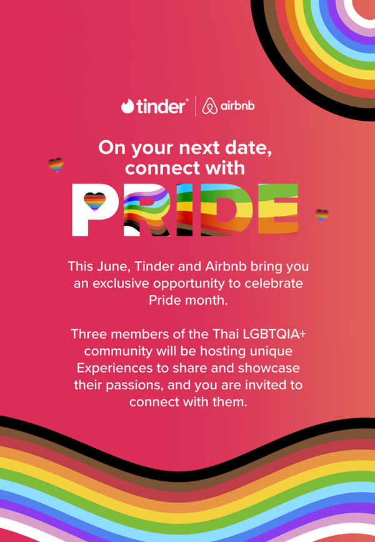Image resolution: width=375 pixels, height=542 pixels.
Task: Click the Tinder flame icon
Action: pyautogui.click(x=127, y=106)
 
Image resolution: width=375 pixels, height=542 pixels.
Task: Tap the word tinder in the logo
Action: pyautogui.click(x=161, y=106)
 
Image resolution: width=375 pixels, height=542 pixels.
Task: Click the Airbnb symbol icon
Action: pyautogui.click(x=209, y=106)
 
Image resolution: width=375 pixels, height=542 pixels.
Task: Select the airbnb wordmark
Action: pyautogui.click(x=237, y=105)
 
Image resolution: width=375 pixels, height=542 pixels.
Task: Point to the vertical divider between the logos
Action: pyautogui.click(x=196, y=106)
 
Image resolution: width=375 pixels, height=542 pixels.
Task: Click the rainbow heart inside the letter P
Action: pyautogui.click(x=94, y=202)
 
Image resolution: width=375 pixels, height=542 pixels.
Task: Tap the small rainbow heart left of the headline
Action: pyautogui.click(x=56, y=165)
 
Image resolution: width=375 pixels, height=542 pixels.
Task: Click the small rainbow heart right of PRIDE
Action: pyautogui.click(x=322, y=215)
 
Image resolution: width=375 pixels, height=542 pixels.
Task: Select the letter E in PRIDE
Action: pyautogui.click(x=278, y=210)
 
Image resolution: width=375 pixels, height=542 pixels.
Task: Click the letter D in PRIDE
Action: pyautogui.click(x=226, y=210)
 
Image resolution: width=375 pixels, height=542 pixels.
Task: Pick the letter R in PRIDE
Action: pyautogui.click(x=147, y=210)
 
